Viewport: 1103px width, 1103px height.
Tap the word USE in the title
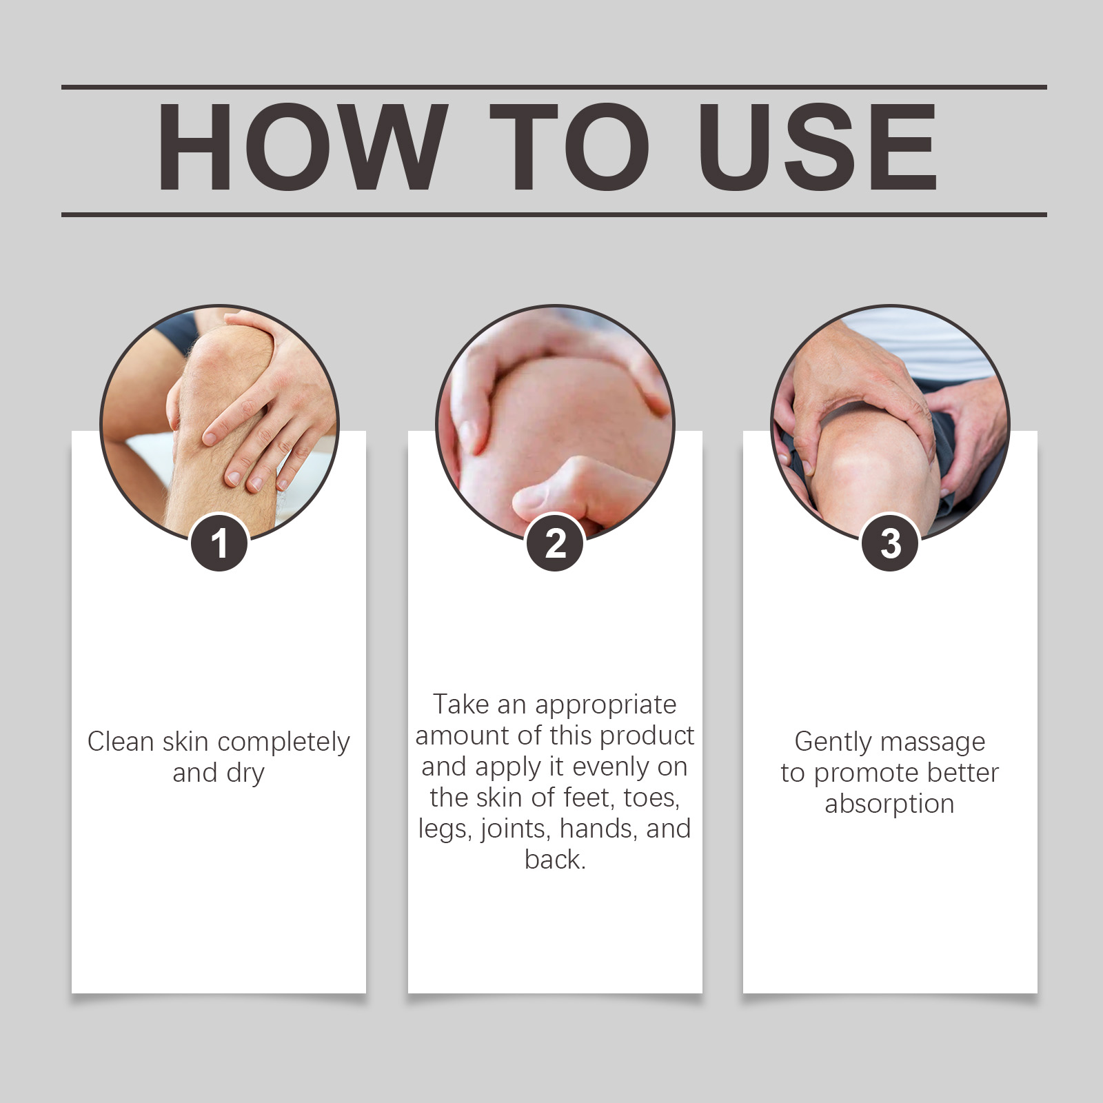pyautogui.click(x=818, y=147)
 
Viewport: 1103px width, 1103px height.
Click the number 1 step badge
pyautogui.click(x=219, y=543)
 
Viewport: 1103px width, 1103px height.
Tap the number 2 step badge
pyautogui.click(x=555, y=543)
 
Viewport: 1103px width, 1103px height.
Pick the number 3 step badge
pyautogui.click(x=891, y=543)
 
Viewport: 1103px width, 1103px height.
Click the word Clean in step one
pyautogui.click(x=121, y=742)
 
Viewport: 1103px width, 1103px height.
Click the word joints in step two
pyautogui.click(x=516, y=829)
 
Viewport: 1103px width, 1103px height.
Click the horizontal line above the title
pyautogui.click(x=554, y=88)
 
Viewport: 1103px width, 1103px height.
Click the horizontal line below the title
pyautogui.click(x=554, y=214)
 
